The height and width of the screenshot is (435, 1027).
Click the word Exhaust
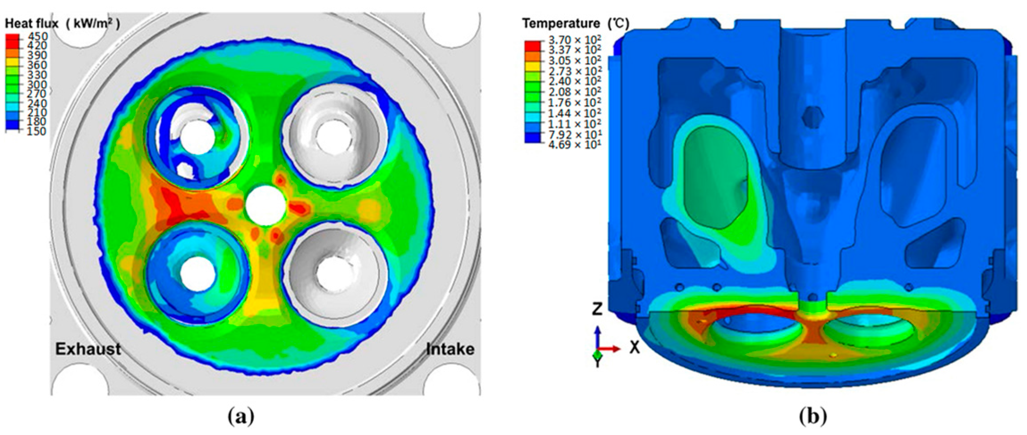click(x=88, y=349)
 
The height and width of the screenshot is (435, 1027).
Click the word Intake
click(x=450, y=349)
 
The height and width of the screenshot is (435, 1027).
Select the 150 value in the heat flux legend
click(x=37, y=131)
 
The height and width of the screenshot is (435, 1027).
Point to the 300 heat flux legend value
click(x=37, y=84)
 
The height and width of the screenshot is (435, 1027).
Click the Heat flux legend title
click(x=62, y=23)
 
